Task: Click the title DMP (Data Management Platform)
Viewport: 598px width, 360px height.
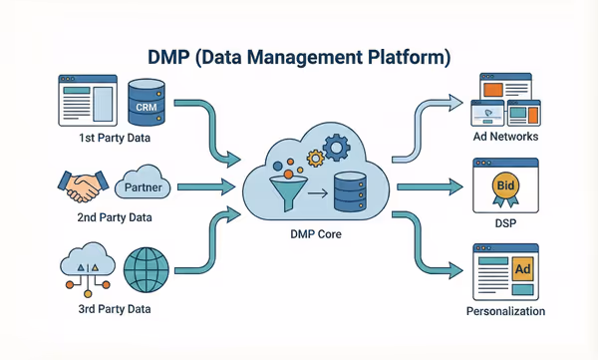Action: pos(299,57)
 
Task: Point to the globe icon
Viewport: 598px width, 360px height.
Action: pos(145,269)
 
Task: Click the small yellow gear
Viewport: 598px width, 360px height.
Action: pos(314,158)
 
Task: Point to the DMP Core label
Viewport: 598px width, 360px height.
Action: pos(315,232)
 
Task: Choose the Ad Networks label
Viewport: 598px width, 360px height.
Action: pos(505,137)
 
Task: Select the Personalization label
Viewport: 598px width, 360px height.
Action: pos(505,311)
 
